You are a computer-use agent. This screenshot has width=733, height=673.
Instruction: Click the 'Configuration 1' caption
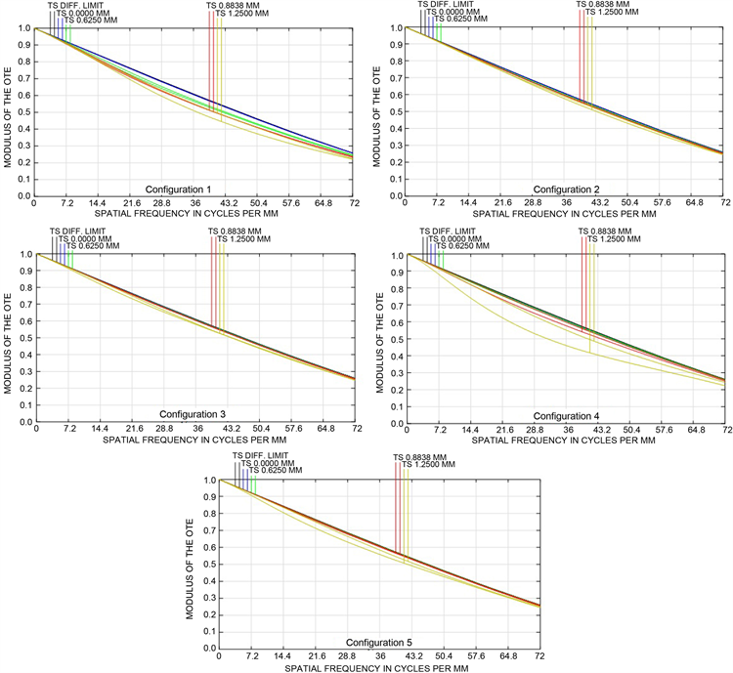(178, 189)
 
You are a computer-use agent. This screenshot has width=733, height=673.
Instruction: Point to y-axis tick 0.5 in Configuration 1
(23, 111)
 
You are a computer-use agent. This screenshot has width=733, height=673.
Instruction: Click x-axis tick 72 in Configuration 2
(725, 203)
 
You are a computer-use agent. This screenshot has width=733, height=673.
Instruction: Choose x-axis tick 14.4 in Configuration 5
(283, 655)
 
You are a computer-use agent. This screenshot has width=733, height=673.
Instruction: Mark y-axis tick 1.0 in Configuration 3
(23, 255)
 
